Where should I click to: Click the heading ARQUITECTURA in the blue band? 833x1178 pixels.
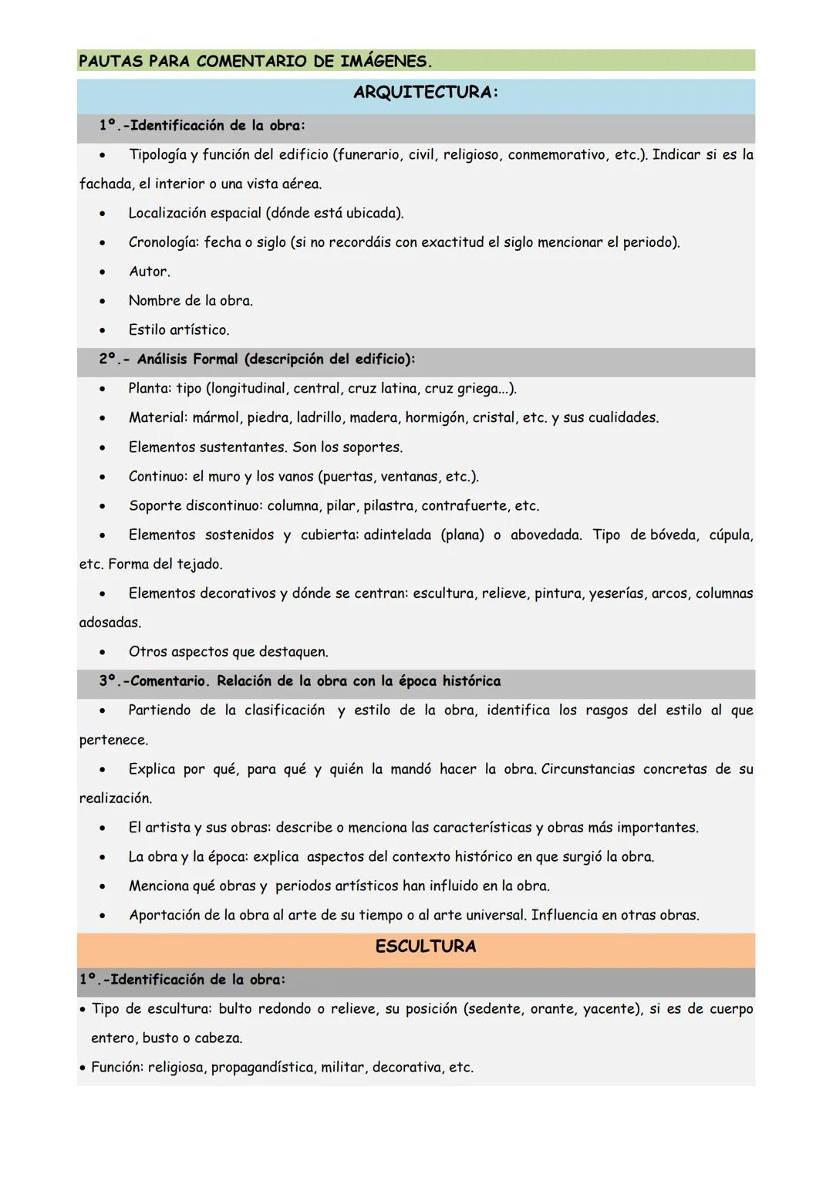pos(425,93)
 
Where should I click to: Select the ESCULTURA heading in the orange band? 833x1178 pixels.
pos(425,947)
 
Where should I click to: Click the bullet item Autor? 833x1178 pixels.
pos(149,272)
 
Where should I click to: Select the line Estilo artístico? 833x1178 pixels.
pos(178,330)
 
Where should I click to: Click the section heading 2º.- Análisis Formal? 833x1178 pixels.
pos(256,359)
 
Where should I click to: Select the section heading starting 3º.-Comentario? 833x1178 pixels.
pos(299,681)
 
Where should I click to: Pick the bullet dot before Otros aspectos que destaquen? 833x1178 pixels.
pos(102,653)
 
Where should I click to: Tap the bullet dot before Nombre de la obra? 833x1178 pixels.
pos(102,302)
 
